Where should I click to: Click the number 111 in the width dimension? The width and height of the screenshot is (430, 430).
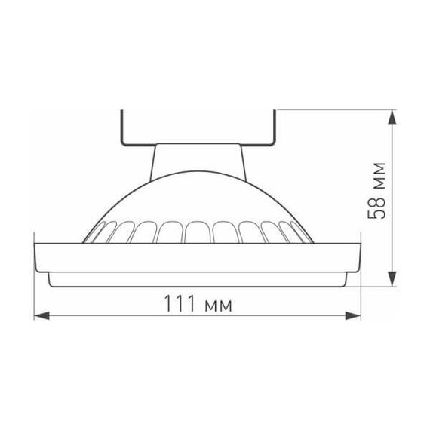tap(178, 306)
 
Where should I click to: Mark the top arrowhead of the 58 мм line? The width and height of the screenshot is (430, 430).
tap(392, 116)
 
